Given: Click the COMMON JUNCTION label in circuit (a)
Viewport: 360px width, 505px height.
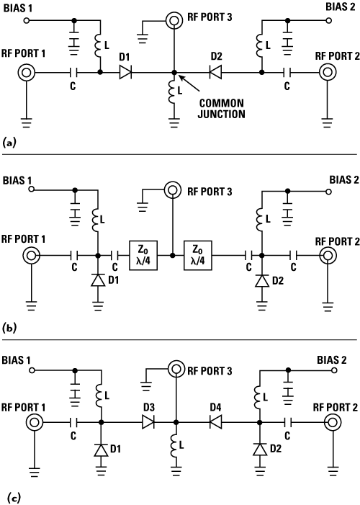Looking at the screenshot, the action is [x=221, y=109].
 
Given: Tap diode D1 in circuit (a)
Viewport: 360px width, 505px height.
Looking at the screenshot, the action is [x=125, y=73].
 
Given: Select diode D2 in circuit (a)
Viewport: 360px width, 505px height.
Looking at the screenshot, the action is [x=215, y=73].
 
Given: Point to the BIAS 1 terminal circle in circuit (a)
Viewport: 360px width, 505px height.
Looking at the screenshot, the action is [x=27, y=21].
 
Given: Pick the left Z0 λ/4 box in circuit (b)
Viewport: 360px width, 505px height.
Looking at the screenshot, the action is [x=143, y=256].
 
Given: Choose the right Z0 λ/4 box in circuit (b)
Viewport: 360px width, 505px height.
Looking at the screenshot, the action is [x=198, y=256].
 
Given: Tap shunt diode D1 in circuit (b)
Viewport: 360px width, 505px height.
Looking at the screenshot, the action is [x=98, y=281].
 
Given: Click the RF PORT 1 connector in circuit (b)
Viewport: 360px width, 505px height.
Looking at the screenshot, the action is [x=31, y=256].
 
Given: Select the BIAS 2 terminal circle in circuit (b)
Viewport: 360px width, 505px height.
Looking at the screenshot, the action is [x=328, y=192].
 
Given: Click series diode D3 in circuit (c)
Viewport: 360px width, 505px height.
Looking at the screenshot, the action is [x=148, y=422].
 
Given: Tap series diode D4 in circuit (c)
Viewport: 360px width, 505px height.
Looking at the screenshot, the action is [x=215, y=422].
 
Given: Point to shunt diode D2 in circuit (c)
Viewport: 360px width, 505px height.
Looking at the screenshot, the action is [x=260, y=450].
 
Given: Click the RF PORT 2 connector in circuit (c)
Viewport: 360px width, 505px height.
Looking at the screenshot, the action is [x=333, y=422].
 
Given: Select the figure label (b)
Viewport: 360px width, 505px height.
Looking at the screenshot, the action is [x=9, y=329].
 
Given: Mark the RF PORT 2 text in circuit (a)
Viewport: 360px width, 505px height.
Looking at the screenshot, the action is [x=337, y=56].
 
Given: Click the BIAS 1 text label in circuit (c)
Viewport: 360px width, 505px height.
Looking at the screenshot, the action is [x=16, y=359].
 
